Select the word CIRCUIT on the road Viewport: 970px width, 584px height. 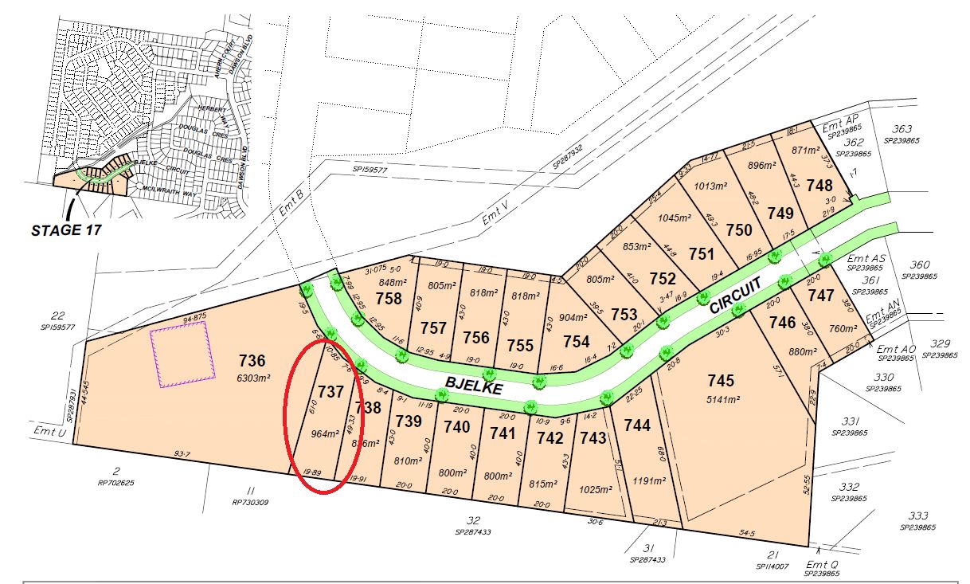click(736, 294)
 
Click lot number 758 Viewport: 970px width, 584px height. click(389, 299)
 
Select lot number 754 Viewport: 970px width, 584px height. click(576, 342)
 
